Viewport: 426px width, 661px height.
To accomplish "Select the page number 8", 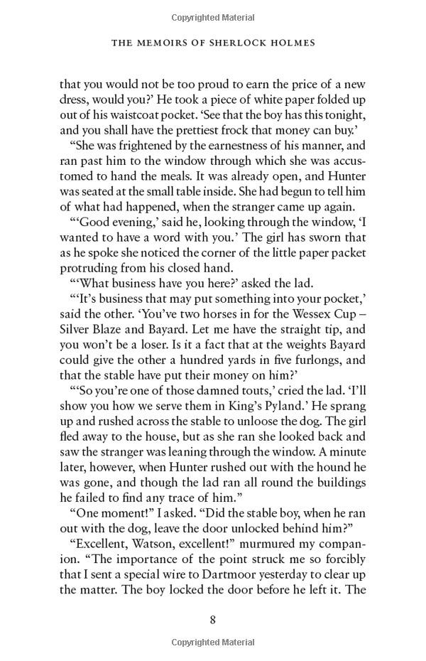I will [212, 619].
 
